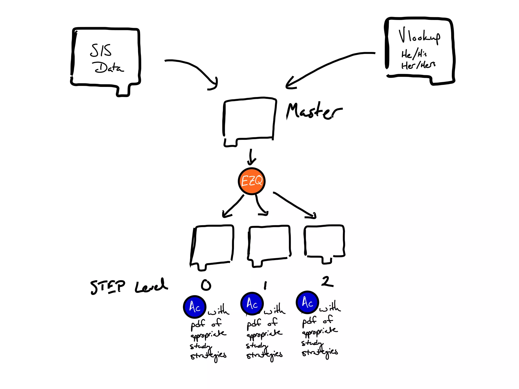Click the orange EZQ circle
pyautogui.click(x=251, y=181)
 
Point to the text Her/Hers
pyautogui.click(x=418, y=65)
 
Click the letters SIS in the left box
pyautogui.click(x=101, y=50)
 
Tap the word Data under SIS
pyautogui.click(x=108, y=68)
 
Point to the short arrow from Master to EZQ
pyautogui.click(x=251, y=157)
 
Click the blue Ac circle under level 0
pyautogui.click(x=195, y=307)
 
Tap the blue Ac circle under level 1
pyautogui.click(x=252, y=303)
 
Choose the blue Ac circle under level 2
pyautogui.click(x=307, y=302)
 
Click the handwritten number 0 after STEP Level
pyautogui.click(x=206, y=285)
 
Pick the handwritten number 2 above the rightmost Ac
pyautogui.click(x=327, y=281)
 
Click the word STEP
pyautogui.click(x=108, y=287)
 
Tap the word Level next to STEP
pyautogui.click(x=151, y=286)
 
